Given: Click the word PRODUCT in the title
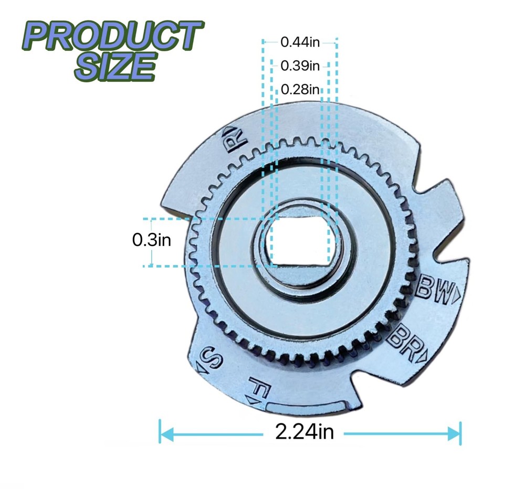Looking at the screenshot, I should (112, 36).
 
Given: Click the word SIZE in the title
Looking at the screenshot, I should (115, 66).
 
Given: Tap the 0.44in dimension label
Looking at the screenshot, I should (300, 42).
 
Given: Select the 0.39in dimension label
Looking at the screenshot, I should (300, 66).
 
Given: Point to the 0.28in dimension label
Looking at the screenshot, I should (300, 89).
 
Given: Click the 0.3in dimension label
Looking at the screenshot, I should (152, 240).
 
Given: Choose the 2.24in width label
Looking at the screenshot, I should (304, 432).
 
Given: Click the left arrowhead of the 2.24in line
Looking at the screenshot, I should (164, 433).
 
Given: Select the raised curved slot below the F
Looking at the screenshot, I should (306, 405).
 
